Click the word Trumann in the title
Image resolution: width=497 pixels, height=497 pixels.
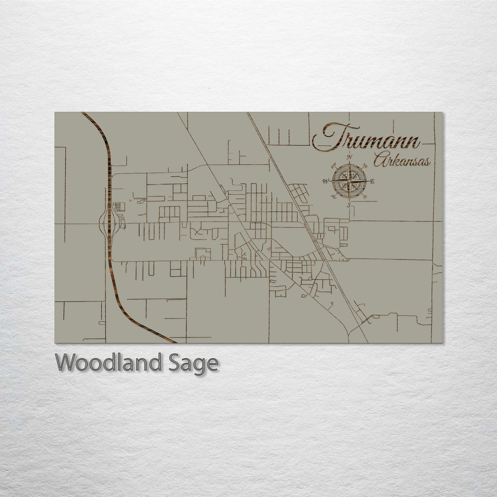coord(366,137)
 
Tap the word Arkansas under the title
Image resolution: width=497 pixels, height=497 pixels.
coord(402,161)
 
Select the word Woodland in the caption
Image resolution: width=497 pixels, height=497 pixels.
coord(109,363)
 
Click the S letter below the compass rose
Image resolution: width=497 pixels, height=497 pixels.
coord(349,205)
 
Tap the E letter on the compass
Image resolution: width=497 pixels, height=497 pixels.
coord(372,181)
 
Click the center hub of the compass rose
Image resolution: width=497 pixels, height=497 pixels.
coord(349,181)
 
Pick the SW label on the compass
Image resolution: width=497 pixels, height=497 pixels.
coord(333,197)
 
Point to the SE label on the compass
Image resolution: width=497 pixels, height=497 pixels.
coord(365,197)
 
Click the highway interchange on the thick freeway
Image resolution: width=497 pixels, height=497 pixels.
coord(109,224)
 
